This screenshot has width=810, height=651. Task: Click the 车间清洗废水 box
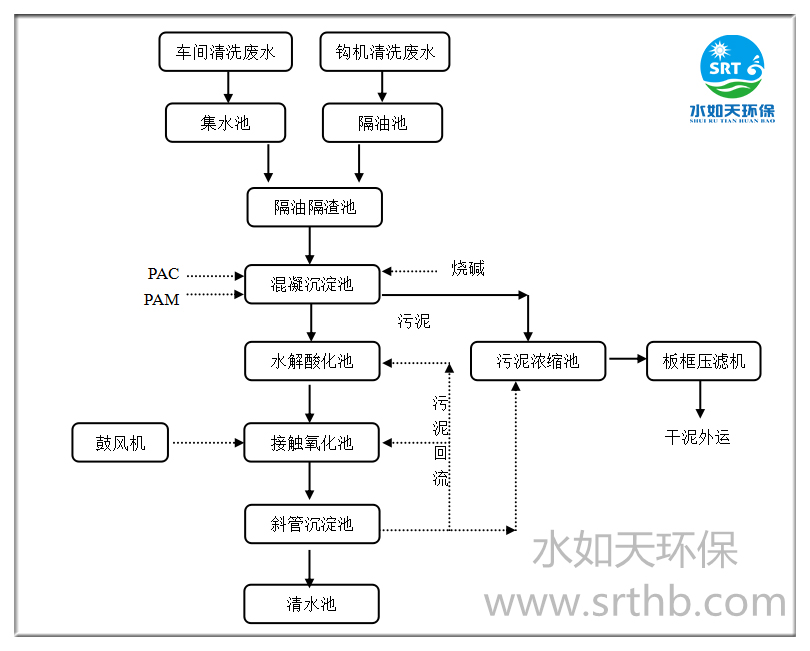pyautogui.click(x=225, y=52)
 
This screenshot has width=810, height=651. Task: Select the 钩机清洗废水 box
pyautogui.click(x=385, y=52)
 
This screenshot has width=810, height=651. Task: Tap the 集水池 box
pyautogui.click(x=225, y=123)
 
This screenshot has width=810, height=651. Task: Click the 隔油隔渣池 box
pyautogui.click(x=314, y=207)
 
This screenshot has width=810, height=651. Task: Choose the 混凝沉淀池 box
pyautogui.click(x=312, y=284)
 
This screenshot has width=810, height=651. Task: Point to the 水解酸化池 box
pyautogui.click(x=312, y=361)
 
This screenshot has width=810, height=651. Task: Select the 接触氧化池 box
pyautogui.click(x=312, y=442)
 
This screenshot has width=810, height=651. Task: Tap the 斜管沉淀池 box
pyautogui.click(x=312, y=524)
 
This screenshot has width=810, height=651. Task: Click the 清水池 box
pyautogui.click(x=312, y=604)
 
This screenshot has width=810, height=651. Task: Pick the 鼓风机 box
pyautogui.click(x=120, y=442)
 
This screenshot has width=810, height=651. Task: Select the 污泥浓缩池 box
pyautogui.click(x=538, y=361)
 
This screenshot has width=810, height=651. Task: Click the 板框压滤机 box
pyautogui.click(x=703, y=361)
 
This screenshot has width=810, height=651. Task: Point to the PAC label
pyautogui.click(x=163, y=274)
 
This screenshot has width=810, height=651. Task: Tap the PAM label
pyautogui.click(x=162, y=298)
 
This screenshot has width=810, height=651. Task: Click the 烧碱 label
pyautogui.click(x=467, y=269)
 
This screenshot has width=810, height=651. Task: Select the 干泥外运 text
pyautogui.click(x=698, y=437)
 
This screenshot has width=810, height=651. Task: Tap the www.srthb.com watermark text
pyautogui.click(x=635, y=603)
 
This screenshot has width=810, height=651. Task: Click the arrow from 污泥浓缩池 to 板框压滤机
pyautogui.click(x=627, y=358)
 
